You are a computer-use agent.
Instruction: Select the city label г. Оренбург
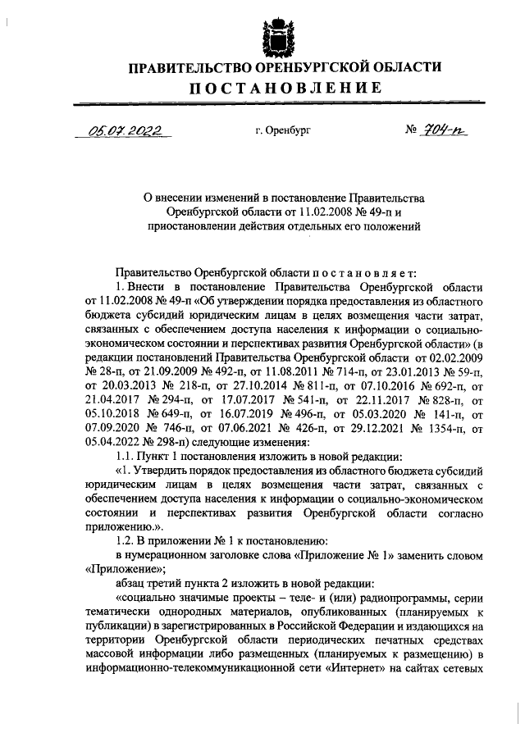tap(284, 130)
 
